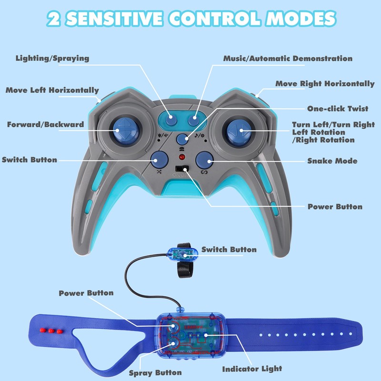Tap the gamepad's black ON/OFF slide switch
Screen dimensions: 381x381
pos(182,169)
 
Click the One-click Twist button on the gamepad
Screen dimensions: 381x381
pos(182,139)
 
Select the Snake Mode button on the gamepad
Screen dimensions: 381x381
pos(204,160)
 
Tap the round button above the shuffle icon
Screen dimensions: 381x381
pos(160,160)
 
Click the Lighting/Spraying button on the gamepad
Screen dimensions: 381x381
pos(171,120)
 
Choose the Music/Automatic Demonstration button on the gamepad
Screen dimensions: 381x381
pos(194,120)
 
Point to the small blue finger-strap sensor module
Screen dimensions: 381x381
pos(183,254)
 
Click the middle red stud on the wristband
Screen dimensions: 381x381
pos(51,331)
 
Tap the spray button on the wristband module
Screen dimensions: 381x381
pos(173,343)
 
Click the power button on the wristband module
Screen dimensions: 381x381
pos(173,326)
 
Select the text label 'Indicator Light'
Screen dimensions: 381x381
pos(252,369)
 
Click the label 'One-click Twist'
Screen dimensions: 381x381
pos(338,109)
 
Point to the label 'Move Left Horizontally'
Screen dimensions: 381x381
pos(52,90)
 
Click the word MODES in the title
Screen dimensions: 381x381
pos(301,19)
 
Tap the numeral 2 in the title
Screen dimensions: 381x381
pos(53,19)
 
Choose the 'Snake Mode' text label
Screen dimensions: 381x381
pos(332,161)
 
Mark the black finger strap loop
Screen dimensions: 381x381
pos(184,261)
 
